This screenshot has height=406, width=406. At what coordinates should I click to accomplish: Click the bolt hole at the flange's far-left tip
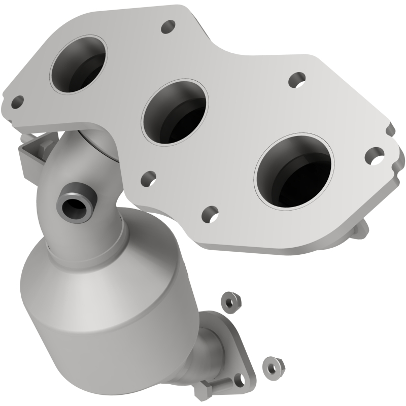[x=17, y=102]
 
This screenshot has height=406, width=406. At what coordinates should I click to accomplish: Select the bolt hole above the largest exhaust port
[x=295, y=79]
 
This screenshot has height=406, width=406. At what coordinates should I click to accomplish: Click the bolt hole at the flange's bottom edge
[x=210, y=213]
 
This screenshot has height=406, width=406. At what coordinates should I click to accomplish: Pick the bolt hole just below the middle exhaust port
[x=148, y=178]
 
